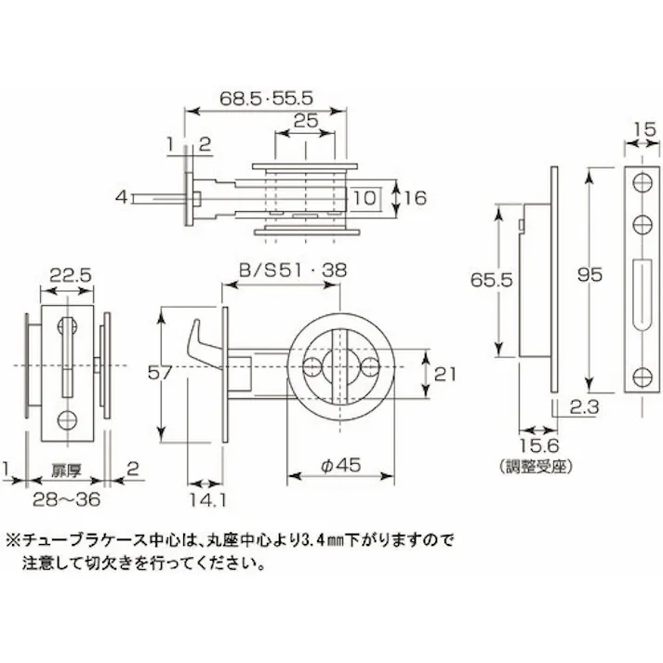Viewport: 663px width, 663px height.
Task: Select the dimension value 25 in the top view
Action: click(304, 120)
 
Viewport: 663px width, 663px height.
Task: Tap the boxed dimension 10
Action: click(365, 197)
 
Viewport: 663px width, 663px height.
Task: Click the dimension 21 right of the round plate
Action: click(446, 375)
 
